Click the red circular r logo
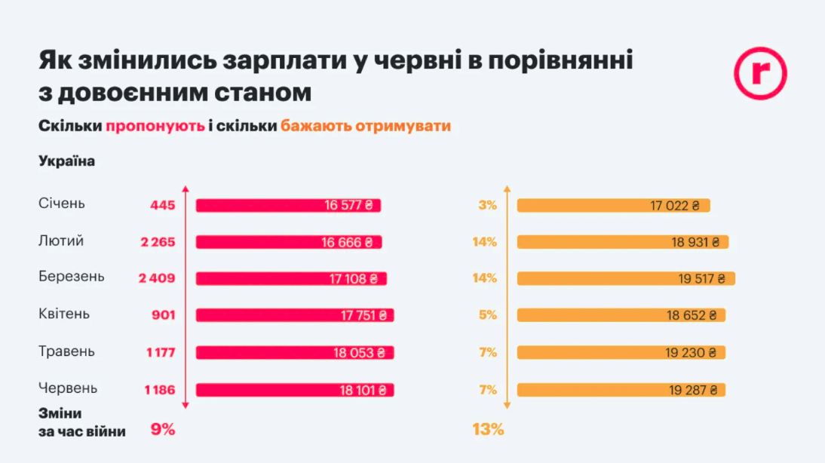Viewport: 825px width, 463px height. coord(759,72)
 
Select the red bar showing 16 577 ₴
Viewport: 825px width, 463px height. coord(289,205)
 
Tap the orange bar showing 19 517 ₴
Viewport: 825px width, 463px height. coord(625,278)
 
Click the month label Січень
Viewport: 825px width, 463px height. coord(62,204)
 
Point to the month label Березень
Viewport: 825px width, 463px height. coord(72,277)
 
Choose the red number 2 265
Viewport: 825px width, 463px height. coord(157,242)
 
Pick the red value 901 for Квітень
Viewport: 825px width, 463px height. coord(163,315)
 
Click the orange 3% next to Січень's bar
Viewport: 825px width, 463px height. coord(487,205)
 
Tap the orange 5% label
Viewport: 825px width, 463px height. coord(487,315)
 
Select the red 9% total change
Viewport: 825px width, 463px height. coord(162,430)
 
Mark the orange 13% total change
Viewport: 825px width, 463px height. coord(488,430)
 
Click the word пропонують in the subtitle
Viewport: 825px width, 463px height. coord(155,126)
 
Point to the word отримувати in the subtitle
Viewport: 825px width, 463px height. coord(412,126)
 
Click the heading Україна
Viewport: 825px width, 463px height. coord(66,161)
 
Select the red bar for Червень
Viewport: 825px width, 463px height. coord(295,390)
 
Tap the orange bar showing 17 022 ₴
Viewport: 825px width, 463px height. coord(613,205)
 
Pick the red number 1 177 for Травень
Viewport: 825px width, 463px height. coord(160,352)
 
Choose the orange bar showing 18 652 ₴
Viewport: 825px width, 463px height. coord(621,315)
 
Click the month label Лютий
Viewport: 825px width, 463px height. coord(60,241)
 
